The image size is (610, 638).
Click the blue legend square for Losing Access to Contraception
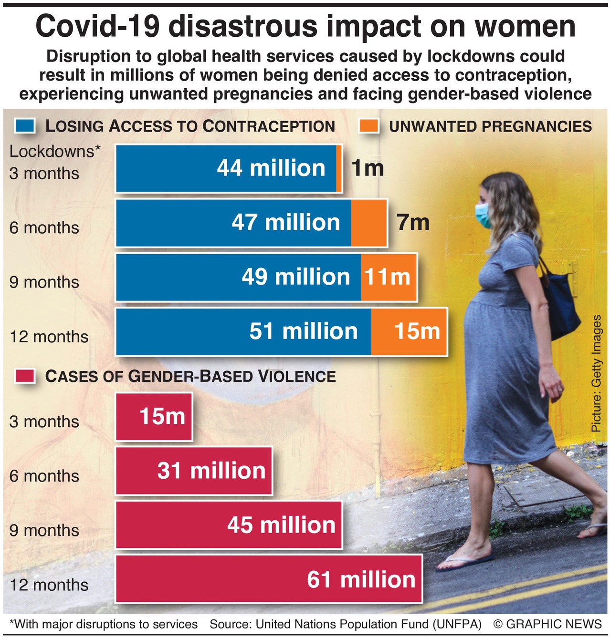click(25, 125)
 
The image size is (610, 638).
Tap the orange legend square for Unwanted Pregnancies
click(368, 125)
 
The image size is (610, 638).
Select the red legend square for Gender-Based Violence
click(25, 376)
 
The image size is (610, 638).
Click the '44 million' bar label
click(271, 168)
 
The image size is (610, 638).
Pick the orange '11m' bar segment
click(388, 277)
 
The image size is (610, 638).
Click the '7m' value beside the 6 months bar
click(413, 223)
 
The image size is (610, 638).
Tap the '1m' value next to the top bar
click(368, 168)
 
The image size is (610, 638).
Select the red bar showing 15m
click(154, 416)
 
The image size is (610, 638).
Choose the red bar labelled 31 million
click(194, 471)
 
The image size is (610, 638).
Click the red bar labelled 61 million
click(268, 579)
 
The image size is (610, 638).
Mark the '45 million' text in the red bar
click(281, 525)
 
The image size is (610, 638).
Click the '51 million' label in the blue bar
click(303, 331)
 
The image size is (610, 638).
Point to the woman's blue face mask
click(484, 216)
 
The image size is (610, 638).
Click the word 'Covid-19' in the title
click(98, 26)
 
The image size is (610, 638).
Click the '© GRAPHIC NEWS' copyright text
click(547, 624)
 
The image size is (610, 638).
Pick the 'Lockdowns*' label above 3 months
click(55, 151)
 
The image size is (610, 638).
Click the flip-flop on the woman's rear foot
click(465, 563)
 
